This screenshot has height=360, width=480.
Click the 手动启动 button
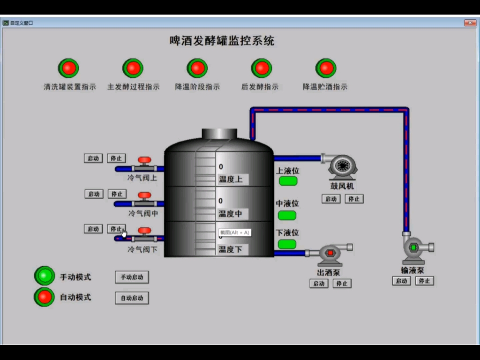[x=132, y=277]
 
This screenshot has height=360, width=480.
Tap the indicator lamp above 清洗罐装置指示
[x=68, y=68]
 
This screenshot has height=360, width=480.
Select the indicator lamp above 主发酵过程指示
[x=133, y=68]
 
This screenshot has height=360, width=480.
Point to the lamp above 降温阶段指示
[x=197, y=68]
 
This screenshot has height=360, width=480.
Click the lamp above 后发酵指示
[x=261, y=68]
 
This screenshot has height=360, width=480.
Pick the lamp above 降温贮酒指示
[x=326, y=68]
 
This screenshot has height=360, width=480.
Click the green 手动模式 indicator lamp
[x=45, y=276]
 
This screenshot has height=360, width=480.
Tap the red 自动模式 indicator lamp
[x=45, y=297]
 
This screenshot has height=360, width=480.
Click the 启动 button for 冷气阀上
[x=93, y=158]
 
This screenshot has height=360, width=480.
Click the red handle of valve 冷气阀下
[x=144, y=231]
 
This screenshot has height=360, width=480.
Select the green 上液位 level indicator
[x=288, y=181]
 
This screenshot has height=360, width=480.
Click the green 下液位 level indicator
[x=287, y=244]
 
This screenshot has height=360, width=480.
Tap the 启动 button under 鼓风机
[x=331, y=199]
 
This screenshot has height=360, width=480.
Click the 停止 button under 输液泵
[x=424, y=281]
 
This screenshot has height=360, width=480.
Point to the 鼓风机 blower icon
[x=342, y=166]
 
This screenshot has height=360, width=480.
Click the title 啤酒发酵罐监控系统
[x=222, y=41]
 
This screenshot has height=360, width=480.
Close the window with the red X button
[x=470, y=22]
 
